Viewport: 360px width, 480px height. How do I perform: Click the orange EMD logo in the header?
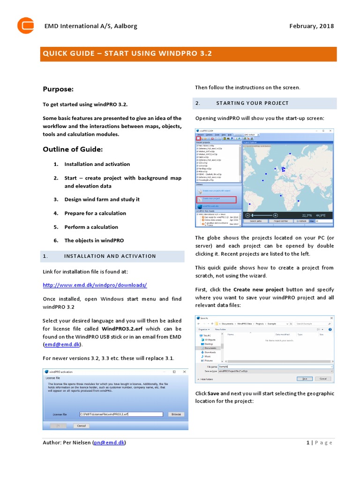point(25,25)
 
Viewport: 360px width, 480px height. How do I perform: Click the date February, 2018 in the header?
point(312,26)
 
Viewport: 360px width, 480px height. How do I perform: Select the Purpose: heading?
point(58,89)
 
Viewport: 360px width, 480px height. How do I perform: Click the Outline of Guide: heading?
point(73,150)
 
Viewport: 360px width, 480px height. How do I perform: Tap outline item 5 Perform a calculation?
point(91,227)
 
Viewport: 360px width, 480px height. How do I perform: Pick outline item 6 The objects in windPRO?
point(94,240)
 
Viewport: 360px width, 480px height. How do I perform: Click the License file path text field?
point(120,414)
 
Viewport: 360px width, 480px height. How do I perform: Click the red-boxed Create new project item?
point(216,199)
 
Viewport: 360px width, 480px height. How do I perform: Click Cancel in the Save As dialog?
point(322,378)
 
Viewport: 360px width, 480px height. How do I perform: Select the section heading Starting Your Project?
point(252,103)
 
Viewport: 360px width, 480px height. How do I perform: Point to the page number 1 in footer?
point(307,442)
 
